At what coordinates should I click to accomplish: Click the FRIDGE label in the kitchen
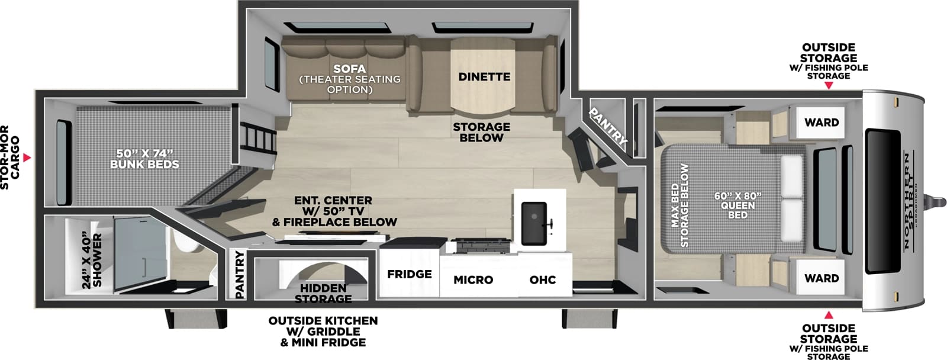click(x=409, y=274)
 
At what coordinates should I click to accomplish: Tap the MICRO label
click(x=473, y=279)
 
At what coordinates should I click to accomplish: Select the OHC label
click(x=542, y=279)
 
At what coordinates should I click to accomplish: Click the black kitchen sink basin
click(x=534, y=223)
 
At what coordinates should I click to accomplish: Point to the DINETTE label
click(x=484, y=77)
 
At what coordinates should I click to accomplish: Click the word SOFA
click(x=349, y=69)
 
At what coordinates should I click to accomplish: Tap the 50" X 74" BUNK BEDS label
click(x=144, y=159)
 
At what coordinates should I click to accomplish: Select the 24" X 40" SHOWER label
click(x=92, y=261)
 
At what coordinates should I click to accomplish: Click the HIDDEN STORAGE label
click(x=323, y=293)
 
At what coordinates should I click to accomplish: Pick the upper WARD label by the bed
click(x=821, y=123)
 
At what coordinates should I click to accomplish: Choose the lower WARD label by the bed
click(x=821, y=278)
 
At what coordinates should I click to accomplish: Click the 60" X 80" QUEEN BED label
click(x=737, y=205)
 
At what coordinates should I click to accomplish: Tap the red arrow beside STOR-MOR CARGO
click(x=27, y=158)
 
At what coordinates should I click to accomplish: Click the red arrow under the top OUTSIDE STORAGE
click(x=829, y=86)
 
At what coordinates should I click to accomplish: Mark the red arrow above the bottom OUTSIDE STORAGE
click(x=829, y=315)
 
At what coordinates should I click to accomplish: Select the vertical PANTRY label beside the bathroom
click(x=239, y=274)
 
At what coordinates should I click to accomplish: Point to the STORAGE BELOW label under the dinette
click(x=481, y=132)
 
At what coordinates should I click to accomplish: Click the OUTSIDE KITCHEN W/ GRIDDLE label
click(x=323, y=331)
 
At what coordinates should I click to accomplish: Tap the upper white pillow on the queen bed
click(x=791, y=176)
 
